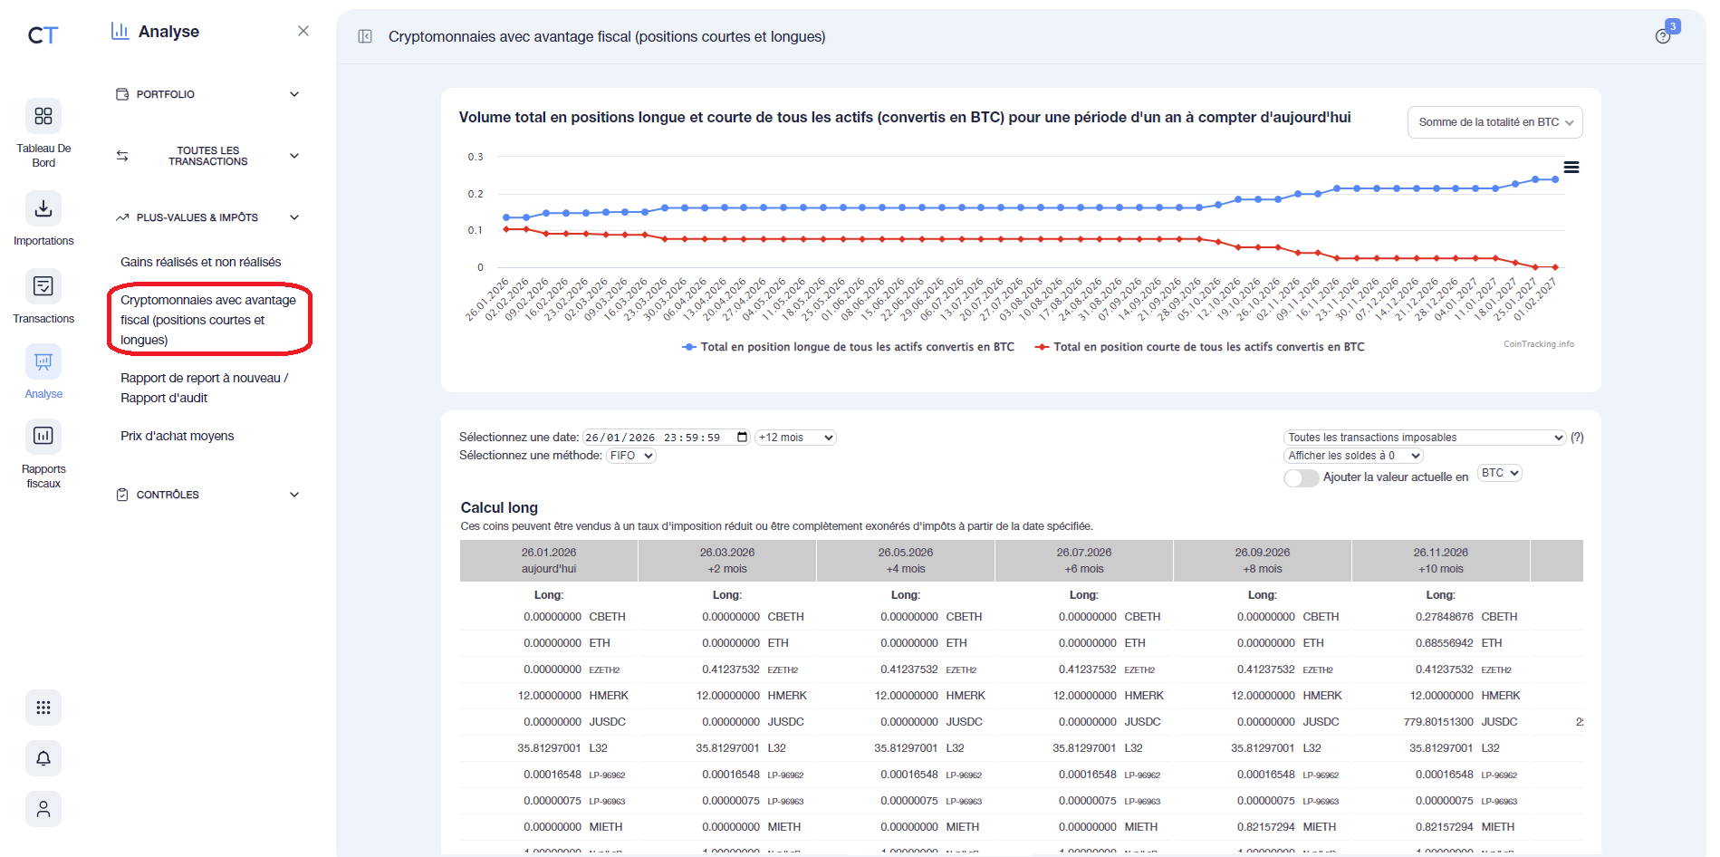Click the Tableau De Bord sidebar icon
[43, 116]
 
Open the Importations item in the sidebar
[43, 209]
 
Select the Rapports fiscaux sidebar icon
[43, 436]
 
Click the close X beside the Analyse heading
[303, 31]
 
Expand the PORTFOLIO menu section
[208, 94]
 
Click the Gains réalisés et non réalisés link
[200, 262]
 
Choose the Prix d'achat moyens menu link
[177, 436]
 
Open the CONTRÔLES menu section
[208, 495]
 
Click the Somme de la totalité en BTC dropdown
[1494, 122]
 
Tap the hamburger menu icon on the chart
[1571, 168]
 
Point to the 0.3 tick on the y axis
[476, 157]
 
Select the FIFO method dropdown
[631, 456]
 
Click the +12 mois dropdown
[795, 438]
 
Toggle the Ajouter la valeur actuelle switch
[1301, 477]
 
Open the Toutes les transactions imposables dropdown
[1424, 438]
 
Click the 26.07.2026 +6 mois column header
[1083, 561]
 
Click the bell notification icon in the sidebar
[43, 758]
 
